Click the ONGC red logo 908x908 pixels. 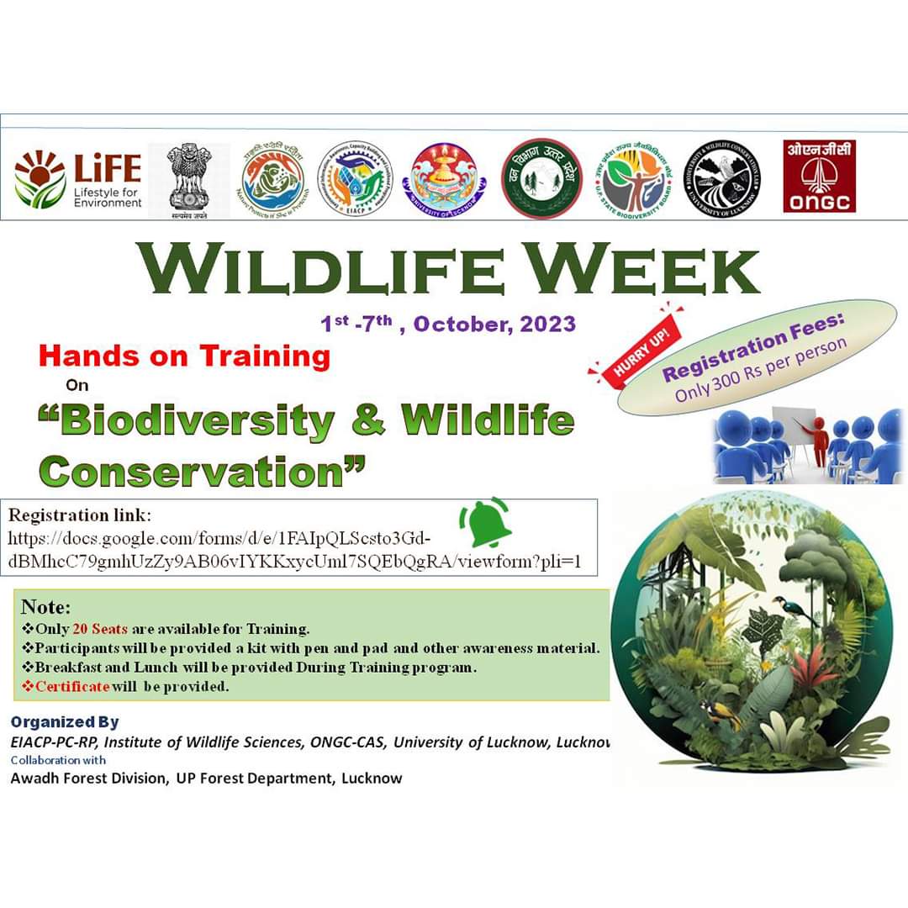click(820, 176)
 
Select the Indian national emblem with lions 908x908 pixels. click(188, 179)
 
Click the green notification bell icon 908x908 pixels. click(483, 522)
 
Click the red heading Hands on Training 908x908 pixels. click(184, 356)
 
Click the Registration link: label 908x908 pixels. click(80, 514)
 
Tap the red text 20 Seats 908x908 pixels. click(100, 629)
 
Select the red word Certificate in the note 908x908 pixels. click(72, 686)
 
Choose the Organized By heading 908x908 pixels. click(65, 722)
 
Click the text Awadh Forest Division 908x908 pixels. click(88, 778)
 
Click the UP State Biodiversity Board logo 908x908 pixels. click(636, 178)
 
